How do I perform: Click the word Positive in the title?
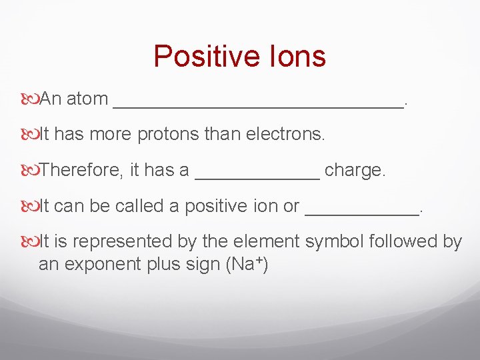click(199, 57)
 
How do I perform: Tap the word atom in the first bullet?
click(87, 99)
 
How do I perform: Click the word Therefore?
click(80, 171)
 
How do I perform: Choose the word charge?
click(355, 171)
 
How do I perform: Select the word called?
click(140, 207)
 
